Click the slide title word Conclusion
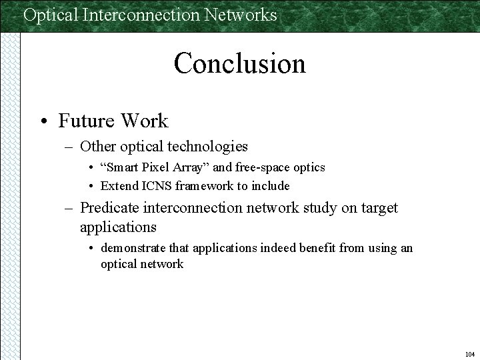coord(239,64)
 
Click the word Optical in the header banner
coord(51,15)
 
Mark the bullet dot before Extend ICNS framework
coord(91,186)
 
